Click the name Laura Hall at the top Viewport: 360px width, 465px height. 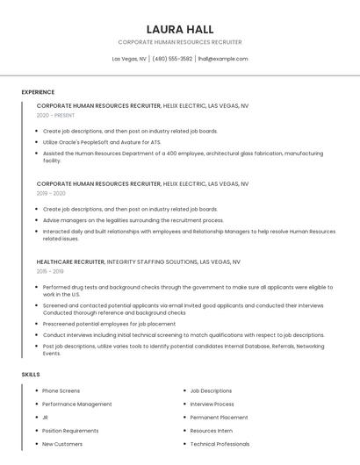pyautogui.click(x=180, y=29)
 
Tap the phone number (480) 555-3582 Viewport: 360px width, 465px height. pyautogui.click(x=172, y=59)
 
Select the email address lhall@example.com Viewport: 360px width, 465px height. pyautogui.click(x=223, y=59)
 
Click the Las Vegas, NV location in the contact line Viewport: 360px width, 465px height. pyautogui.click(x=129, y=59)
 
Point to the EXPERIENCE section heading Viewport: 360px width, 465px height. pyautogui.click(x=38, y=92)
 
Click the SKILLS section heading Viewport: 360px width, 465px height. pyautogui.click(x=31, y=375)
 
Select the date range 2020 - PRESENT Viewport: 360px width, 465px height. pyautogui.click(x=55, y=115)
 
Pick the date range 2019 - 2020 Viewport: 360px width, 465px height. pyautogui.click(x=51, y=193)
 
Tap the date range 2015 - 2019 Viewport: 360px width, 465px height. pyautogui.click(x=50, y=271)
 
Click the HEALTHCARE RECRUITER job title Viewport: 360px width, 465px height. pyautogui.click(x=71, y=261)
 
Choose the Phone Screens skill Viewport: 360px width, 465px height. pyautogui.click(x=61, y=390)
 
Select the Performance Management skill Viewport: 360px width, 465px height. pyautogui.click(x=77, y=404)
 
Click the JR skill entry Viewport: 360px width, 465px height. pyautogui.click(x=45, y=418)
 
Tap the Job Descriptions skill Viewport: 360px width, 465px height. pyautogui.click(x=211, y=390)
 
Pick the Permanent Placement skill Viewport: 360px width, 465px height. pyautogui.click(x=219, y=418)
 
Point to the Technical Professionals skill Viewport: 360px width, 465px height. pyautogui.click(x=220, y=444)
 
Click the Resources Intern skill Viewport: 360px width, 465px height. pyautogui.click(x=211, y=431)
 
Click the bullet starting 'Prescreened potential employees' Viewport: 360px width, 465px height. pyautogui.click(x=109, y=323)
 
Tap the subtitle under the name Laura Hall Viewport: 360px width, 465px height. pyautogui.click(x=180, y=42)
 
